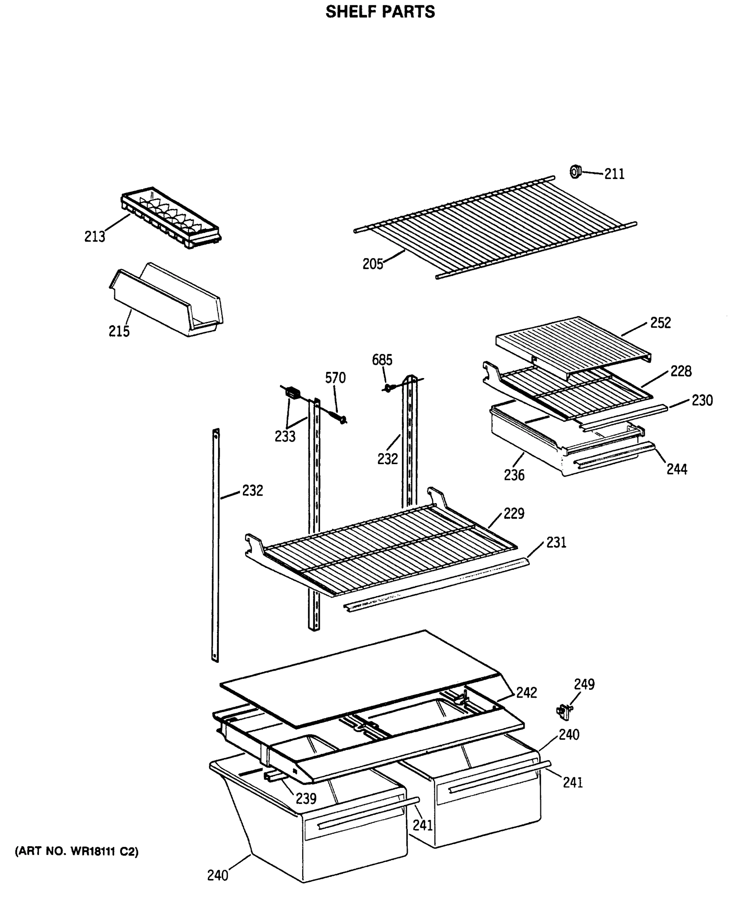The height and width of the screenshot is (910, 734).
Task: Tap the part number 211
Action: pos(614,174)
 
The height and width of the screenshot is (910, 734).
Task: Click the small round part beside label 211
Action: pos(575,172)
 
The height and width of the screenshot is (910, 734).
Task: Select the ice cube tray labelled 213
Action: pos(171,217)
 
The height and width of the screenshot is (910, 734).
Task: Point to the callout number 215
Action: pos(119,331)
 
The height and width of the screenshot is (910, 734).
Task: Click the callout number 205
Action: pos(373,264)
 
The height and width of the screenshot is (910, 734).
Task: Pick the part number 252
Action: pos(661,323)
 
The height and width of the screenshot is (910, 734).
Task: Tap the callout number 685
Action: pos(382,360)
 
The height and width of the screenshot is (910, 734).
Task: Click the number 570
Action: pos(335,378)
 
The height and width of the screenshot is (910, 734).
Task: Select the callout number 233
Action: pos(285,436)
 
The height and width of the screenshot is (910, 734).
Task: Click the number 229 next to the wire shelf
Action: pos(514,513)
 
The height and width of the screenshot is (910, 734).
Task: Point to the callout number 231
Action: pos(556,543)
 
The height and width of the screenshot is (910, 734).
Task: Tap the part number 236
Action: pos(514,475)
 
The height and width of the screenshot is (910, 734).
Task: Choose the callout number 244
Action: pos(676,469)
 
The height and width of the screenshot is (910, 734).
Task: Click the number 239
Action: pos(306,799)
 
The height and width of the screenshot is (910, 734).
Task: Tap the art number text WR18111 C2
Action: pos(77,852)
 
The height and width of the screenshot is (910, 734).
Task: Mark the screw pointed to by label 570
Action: pos(341,419)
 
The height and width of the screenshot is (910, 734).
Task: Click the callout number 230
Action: pos(702,400)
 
